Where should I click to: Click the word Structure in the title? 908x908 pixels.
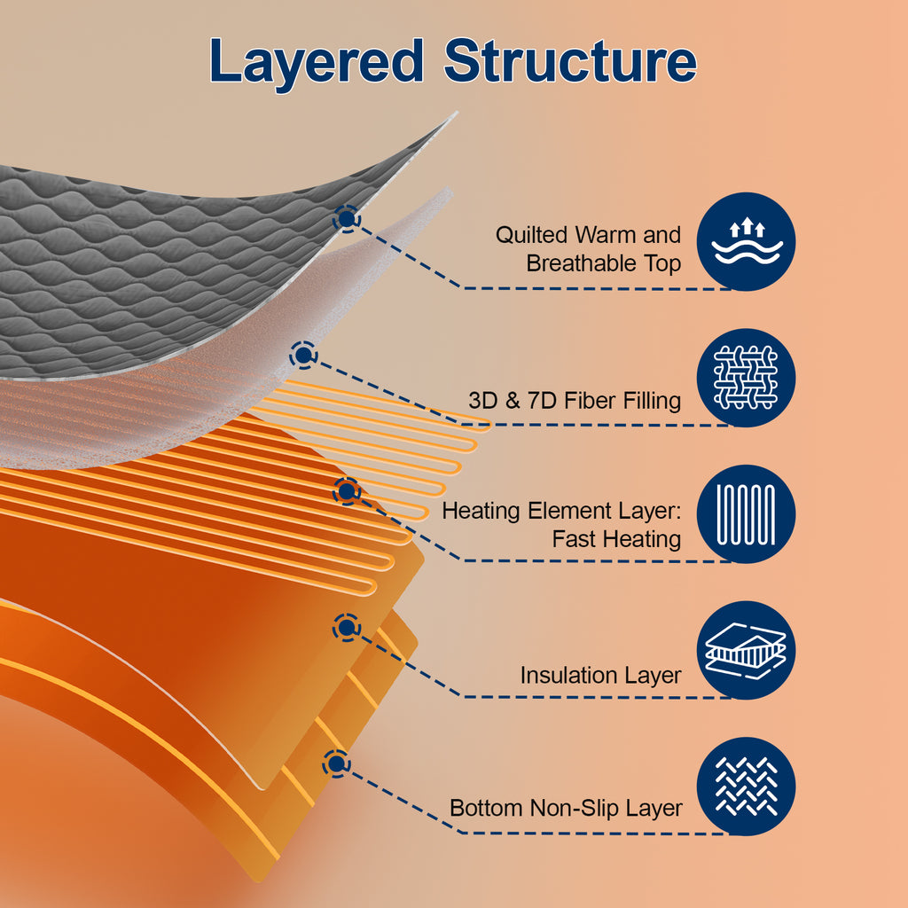point(570,60)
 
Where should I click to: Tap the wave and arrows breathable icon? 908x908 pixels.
point(746,241)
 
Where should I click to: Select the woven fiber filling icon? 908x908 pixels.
point(746,378)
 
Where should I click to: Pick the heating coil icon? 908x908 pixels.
point(746,513)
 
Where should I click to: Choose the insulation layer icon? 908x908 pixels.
point(746,650)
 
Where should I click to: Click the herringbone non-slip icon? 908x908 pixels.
point(746,786)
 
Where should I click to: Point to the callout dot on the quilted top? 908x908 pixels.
point(347,219)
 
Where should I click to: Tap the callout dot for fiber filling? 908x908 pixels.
point(303,355)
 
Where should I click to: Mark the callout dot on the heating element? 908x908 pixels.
point(347,491)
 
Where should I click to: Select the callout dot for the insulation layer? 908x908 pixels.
point(347,627)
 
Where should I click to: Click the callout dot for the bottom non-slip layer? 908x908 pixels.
point(336,763)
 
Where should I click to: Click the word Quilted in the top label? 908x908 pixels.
point(532,235)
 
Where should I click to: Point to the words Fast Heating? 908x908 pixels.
point(616,539)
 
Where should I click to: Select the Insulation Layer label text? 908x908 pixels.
point(600,675)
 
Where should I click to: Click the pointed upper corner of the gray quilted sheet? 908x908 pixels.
point(455,113)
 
